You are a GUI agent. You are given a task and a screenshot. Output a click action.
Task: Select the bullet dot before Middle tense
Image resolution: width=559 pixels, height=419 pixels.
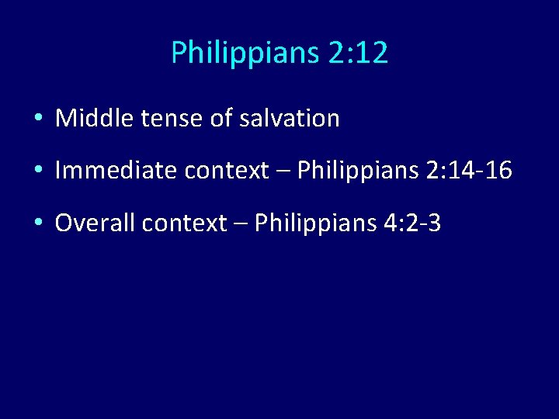[38, 119]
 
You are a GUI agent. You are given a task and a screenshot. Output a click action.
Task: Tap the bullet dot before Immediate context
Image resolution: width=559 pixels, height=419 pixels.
[38, 171]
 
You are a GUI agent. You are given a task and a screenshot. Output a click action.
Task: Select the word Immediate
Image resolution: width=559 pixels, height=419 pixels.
[110, 171]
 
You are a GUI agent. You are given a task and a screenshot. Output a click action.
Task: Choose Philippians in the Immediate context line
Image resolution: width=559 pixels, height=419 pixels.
[358, 171]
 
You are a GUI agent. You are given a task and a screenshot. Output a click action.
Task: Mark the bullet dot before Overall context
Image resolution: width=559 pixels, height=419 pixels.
[38, 224]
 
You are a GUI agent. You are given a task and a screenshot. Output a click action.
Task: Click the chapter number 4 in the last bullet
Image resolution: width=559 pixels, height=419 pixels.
[386, 224]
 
